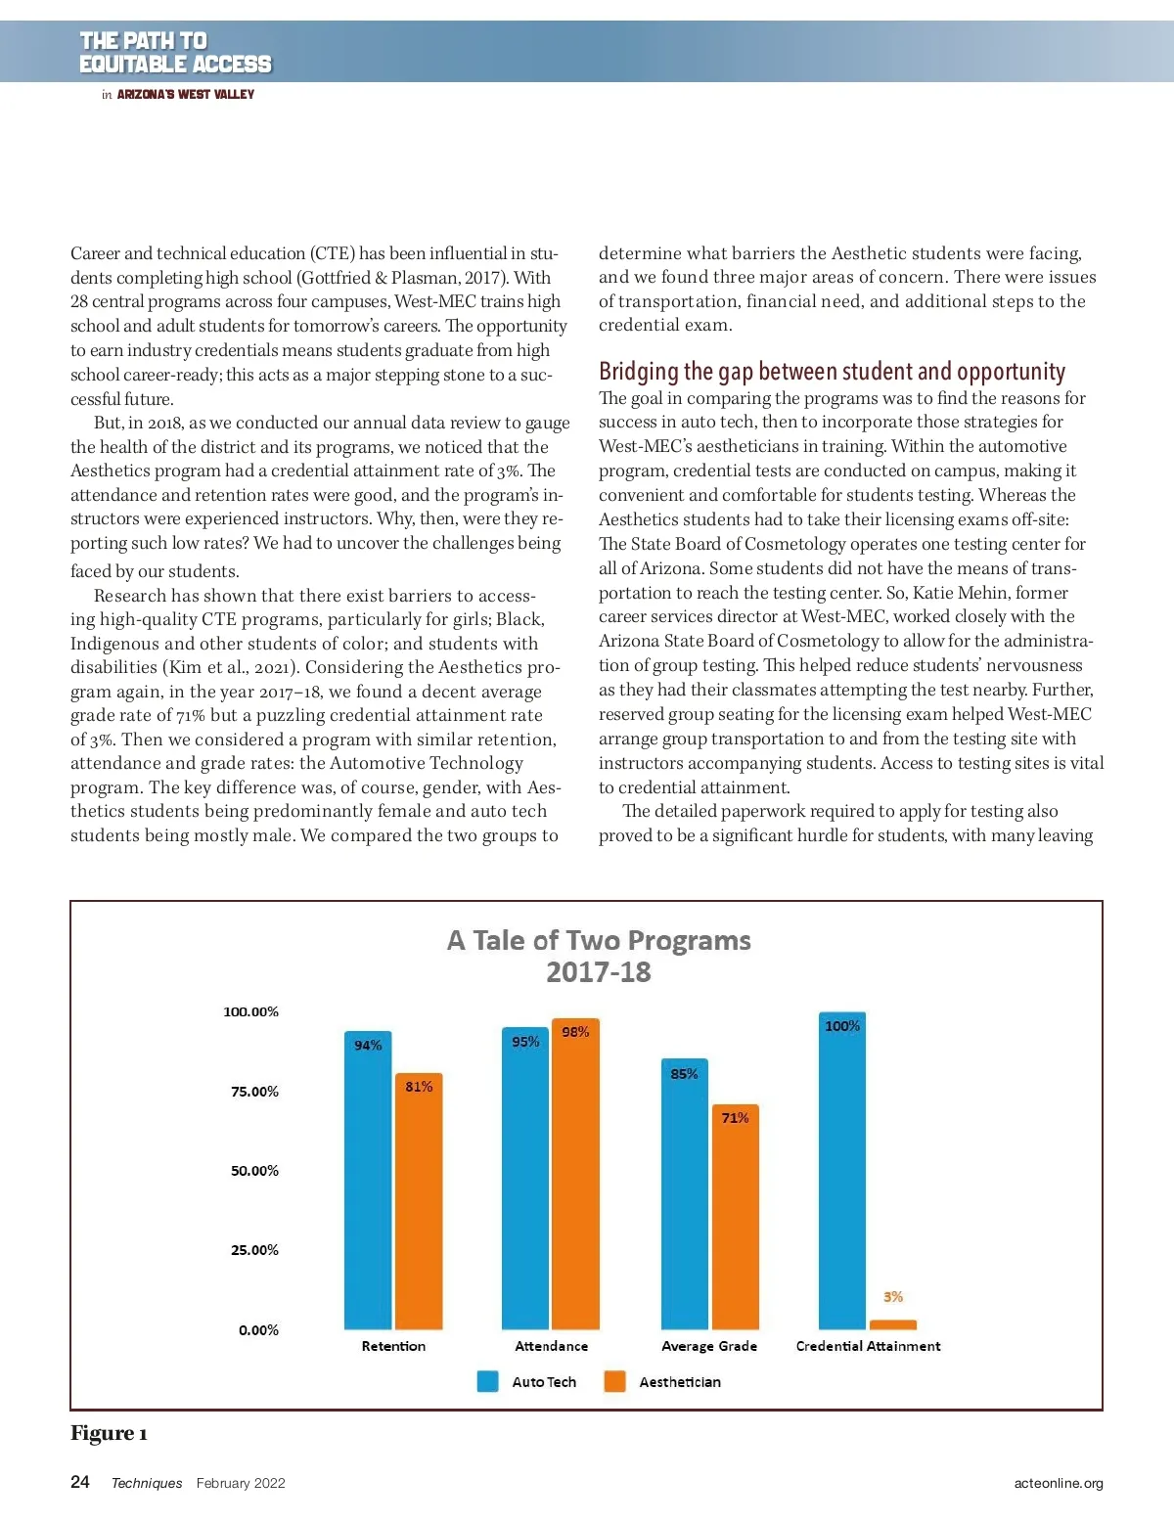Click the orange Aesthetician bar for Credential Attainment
[892, 1324]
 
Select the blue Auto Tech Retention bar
[368, 1184]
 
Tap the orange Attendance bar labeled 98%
[575, 1174]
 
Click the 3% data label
[893, 1297]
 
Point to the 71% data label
[735, 1118]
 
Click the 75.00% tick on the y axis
[254, 1092]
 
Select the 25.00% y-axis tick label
[254, 1250]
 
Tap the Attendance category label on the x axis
[552, 1346]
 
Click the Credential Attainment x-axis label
[868, 1346]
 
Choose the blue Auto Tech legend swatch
[487, 1381]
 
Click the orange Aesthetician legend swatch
[614, 1381]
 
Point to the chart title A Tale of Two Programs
[599, 941]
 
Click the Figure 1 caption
[109, 1433]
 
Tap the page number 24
[80, 1482]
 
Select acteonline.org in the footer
[1059, 1483]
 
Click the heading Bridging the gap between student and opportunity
[832, 372]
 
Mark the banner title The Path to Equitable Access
[175, 53]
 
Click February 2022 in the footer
[241, 1483]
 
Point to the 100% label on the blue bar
[842, 1026]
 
